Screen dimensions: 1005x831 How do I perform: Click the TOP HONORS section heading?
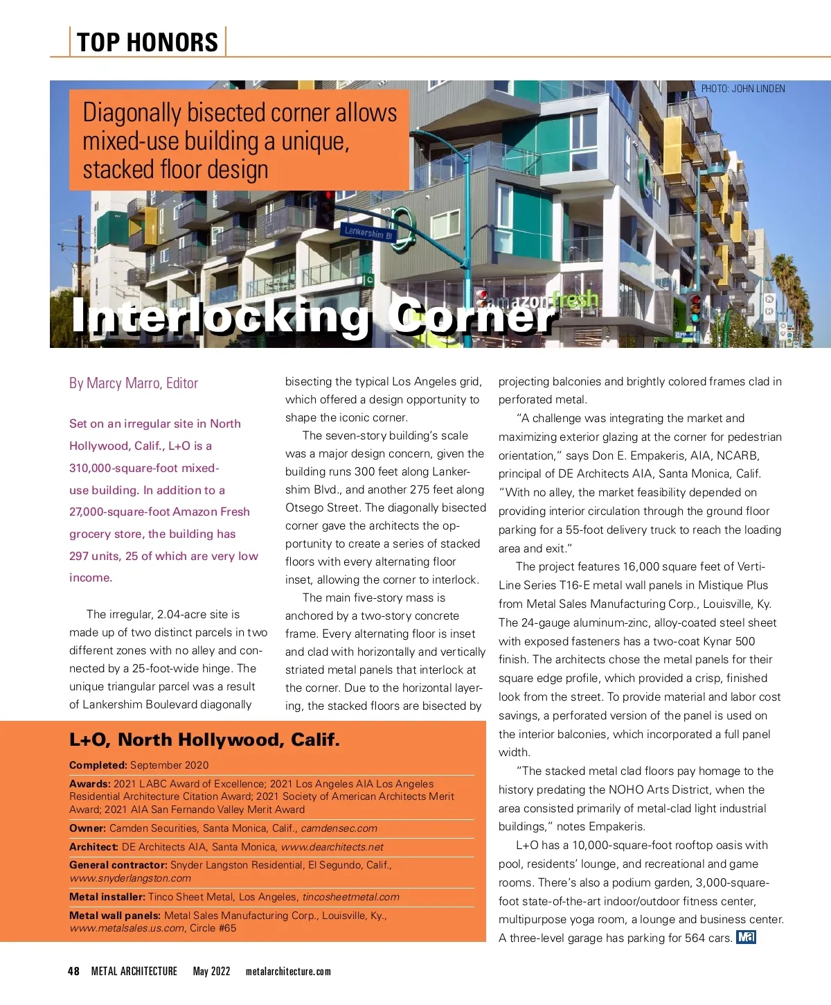tap(148, 42)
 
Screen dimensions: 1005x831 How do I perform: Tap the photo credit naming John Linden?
tap(743, 89)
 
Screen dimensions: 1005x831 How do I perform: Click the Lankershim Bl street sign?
tap(368, 233)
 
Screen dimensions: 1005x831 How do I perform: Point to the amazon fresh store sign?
tap(541, 301)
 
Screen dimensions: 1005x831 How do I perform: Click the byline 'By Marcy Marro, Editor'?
tap(134, 383)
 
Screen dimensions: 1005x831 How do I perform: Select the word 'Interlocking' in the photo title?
tap(221, 316)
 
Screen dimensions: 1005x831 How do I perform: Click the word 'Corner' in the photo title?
tap(472, 316)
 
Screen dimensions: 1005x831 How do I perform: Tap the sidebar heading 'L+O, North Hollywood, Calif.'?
tap(204, 740)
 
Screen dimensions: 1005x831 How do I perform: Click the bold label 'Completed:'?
tap(98, 765)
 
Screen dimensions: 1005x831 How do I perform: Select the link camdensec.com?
tap(339, 828)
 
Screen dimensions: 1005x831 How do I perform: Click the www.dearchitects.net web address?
tap(332, 847)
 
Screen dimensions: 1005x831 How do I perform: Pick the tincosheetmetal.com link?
tap(350, 897)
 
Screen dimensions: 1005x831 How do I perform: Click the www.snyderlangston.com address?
tap(130, 878)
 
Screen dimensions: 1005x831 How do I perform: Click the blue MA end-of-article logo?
tap(746, 938)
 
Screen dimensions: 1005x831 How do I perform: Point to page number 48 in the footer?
tap(73, 972)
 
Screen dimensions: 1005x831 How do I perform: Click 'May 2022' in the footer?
tap(211, 972)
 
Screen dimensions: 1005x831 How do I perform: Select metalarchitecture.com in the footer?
tap(288, 972)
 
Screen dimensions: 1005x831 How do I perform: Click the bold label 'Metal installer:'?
tap(107, 897)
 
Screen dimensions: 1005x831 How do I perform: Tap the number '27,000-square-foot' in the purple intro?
tap(118, 512)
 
